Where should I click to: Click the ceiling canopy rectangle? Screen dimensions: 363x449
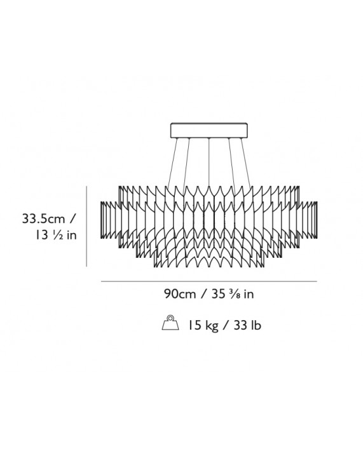click(x=209, y=130)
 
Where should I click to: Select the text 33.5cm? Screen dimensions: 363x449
click(x=44, y=219)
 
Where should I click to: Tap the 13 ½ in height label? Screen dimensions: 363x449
click(x=56, y=236)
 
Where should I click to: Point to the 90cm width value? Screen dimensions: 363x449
click(x=180, y=294)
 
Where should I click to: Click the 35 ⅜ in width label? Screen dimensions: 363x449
click(x=233, y=294)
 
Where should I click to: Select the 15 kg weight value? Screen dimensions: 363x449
click(x=203, y=326)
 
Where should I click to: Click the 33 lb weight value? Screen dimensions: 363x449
click(x=247, y=326)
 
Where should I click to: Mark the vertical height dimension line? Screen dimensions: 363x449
click(x=86, y=226)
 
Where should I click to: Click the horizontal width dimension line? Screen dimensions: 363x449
click(x=209, y=281)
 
